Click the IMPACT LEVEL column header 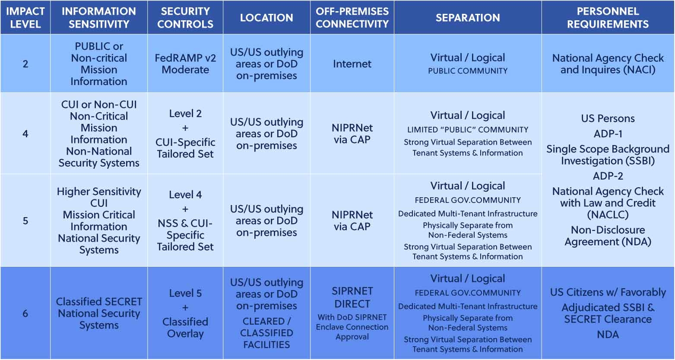point(25,18)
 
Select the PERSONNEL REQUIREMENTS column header point(608,18)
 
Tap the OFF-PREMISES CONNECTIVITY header point(352,18)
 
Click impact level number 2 point(25,64)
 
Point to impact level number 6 point(25,313)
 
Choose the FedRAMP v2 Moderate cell point(185,64)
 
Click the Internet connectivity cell point(352,64)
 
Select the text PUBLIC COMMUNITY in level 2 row point(468,71)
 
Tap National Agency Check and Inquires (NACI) point(608,64)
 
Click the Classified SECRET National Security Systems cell point(99,313)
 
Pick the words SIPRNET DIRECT point(352,297)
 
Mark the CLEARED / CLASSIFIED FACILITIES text point(266,333)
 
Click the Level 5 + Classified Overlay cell point(185,313)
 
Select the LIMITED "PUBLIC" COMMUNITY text point(468,129)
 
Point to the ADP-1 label point(608,134)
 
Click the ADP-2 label point(608,176)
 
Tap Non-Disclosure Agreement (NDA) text point(608,236)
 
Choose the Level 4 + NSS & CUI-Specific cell point(185,221)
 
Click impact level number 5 point(25,221)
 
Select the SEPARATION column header point(468,18)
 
